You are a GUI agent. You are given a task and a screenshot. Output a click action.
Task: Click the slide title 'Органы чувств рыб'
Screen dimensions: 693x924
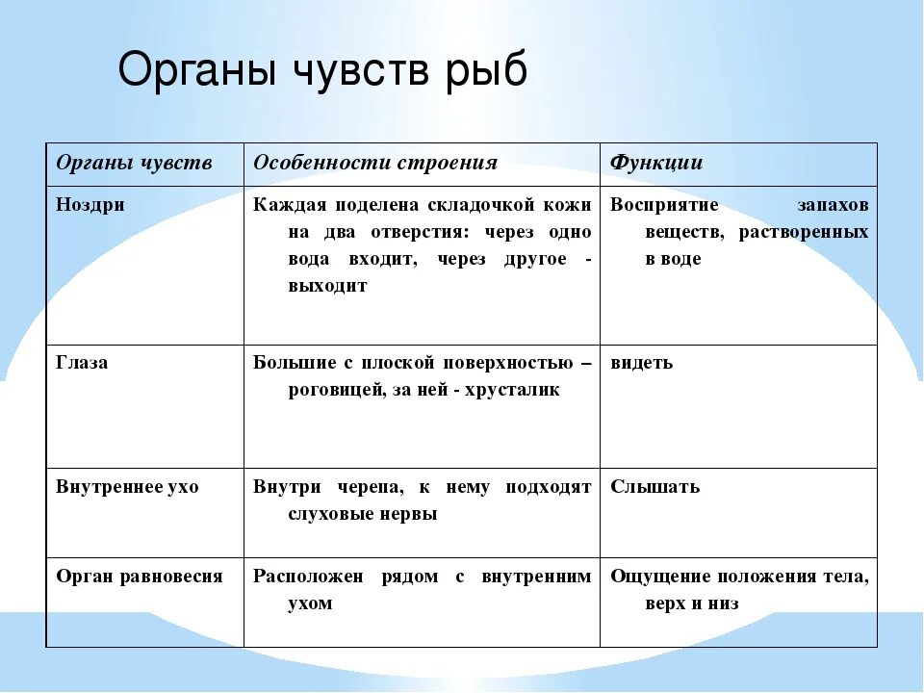[322, 70]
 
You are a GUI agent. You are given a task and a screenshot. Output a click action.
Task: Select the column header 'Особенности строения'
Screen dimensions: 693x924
[374, 163]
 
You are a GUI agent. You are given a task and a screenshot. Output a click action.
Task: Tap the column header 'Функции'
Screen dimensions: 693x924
[656, 163]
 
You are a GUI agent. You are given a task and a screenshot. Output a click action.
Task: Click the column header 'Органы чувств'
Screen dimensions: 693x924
[134, 163]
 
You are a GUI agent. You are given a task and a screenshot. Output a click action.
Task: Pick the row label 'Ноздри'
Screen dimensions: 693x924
[90, 205]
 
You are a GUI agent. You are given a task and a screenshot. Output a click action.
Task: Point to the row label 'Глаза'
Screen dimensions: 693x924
[82, 363]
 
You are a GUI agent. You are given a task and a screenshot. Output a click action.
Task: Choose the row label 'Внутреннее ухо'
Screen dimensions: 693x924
[127, 487]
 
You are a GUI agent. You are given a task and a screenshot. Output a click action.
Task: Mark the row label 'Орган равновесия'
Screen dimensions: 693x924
[139, 577]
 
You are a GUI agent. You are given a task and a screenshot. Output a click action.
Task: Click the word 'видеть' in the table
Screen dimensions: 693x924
[641, 363]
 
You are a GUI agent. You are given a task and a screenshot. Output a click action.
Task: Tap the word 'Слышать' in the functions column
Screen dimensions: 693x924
[654, 487]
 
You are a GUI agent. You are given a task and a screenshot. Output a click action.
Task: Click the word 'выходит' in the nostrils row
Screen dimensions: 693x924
[327, 287]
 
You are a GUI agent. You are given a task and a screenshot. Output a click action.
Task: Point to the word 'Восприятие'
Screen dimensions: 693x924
[664, 205]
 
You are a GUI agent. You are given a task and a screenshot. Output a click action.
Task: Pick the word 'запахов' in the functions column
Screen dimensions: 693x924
[833, 205]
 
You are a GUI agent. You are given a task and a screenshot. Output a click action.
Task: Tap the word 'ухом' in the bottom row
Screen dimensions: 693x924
[310, 604]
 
